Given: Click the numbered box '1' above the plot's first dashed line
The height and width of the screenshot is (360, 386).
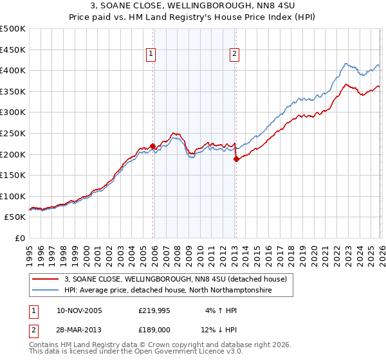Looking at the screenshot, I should [x=151, y=54].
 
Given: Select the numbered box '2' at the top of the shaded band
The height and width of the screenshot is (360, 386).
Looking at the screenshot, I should [x=234, y=54].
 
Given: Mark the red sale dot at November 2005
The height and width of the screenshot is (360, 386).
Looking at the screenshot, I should [x=152, y=146].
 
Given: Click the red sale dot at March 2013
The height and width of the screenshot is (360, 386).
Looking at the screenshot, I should [x=236, y=159].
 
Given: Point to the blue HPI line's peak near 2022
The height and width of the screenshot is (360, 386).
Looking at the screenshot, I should [x=346, y=64].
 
